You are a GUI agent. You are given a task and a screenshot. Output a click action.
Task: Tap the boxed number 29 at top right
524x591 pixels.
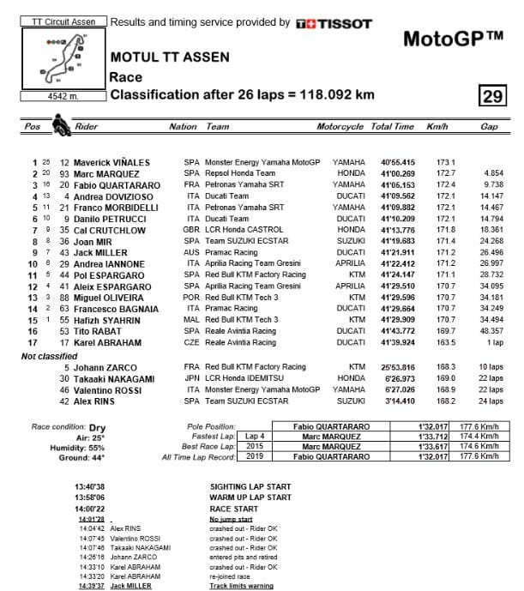pyautogui.click(x=491, y=95)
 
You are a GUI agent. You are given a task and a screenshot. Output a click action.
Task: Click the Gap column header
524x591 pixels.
pyautogui.click(x=489, y=126)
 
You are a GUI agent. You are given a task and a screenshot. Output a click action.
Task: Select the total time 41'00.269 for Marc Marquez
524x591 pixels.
pyautogui.click(x=392, y=172)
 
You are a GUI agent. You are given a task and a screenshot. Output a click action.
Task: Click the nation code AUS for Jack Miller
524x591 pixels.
pyautogui.click(x=191, y=252)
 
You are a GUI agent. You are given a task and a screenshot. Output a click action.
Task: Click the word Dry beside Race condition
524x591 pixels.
pyautogui.click(x=96, y=425)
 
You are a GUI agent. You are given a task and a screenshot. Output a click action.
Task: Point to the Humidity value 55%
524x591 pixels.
pyautogui.click(x=96, y=447)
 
